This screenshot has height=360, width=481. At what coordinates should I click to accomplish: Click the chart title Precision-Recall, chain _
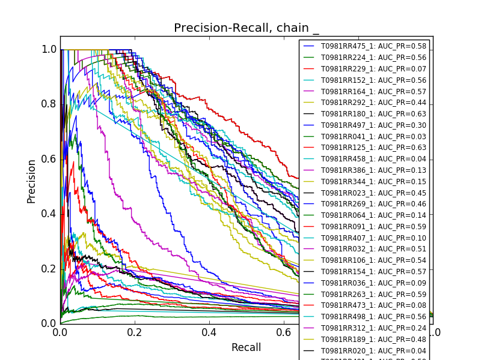pos(247,28)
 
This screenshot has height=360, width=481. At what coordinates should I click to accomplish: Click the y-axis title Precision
pos(31,181)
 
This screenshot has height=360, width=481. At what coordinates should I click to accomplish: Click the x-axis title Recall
pos(247,347)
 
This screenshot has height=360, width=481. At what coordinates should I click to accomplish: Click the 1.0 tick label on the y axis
pos(49,49)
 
